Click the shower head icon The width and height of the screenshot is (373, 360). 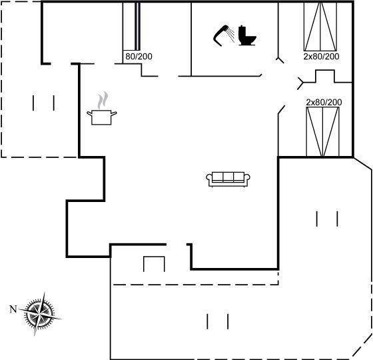218,36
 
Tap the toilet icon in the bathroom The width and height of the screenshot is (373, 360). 247,36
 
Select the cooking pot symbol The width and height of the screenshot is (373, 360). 101,117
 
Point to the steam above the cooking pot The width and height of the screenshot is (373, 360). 103,100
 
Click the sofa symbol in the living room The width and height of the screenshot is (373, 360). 228,179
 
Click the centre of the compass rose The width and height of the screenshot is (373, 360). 39,314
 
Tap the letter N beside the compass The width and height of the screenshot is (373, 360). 13,309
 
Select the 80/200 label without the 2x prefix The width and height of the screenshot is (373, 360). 139,57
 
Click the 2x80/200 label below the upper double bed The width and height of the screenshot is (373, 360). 321,57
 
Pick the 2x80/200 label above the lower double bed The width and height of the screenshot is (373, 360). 324,102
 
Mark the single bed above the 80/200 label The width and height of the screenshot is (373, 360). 131,26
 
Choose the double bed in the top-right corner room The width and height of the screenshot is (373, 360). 320,27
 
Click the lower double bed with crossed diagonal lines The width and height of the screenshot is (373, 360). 322,132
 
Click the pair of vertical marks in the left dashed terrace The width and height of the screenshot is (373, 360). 43,103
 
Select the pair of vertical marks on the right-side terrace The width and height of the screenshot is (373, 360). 327,219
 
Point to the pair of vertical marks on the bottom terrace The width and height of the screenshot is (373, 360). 218,321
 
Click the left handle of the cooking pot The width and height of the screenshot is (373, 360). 89,113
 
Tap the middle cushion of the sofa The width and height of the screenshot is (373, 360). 228,177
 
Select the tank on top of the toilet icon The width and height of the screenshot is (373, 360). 242,31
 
